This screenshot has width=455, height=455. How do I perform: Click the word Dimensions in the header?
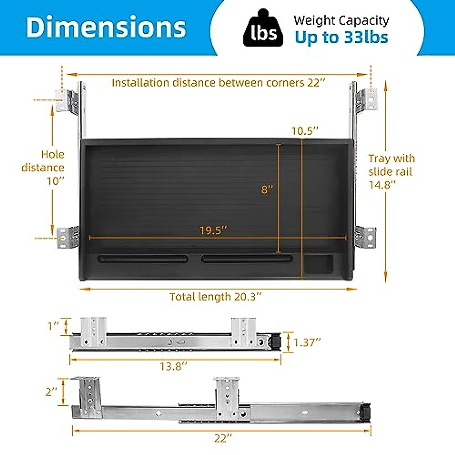(x=106, y=27)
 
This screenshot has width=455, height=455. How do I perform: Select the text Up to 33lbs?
(x=341, y=37)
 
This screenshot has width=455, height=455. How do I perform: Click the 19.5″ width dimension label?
(x=213, y=231)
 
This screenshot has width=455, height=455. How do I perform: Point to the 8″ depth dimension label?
(x=267, y=190)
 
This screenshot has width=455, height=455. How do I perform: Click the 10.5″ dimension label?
(x=304, y=131)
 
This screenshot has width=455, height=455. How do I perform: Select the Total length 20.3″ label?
(x=215, y=297)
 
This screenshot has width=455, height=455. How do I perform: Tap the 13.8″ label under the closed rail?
(x=173, y=366)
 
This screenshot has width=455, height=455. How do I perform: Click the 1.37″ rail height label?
(x=307, y=342)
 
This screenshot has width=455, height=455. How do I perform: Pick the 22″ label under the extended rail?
(x=222, y=438)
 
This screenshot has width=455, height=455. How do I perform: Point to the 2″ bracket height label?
(x=52, y=391)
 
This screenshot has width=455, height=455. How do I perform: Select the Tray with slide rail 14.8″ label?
(x=391, y=171)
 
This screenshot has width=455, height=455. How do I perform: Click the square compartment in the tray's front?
(x=318, y=264)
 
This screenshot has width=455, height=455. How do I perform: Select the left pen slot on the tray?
(x=143, y=259)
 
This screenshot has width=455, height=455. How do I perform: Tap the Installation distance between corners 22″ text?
(x=218, y=83)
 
